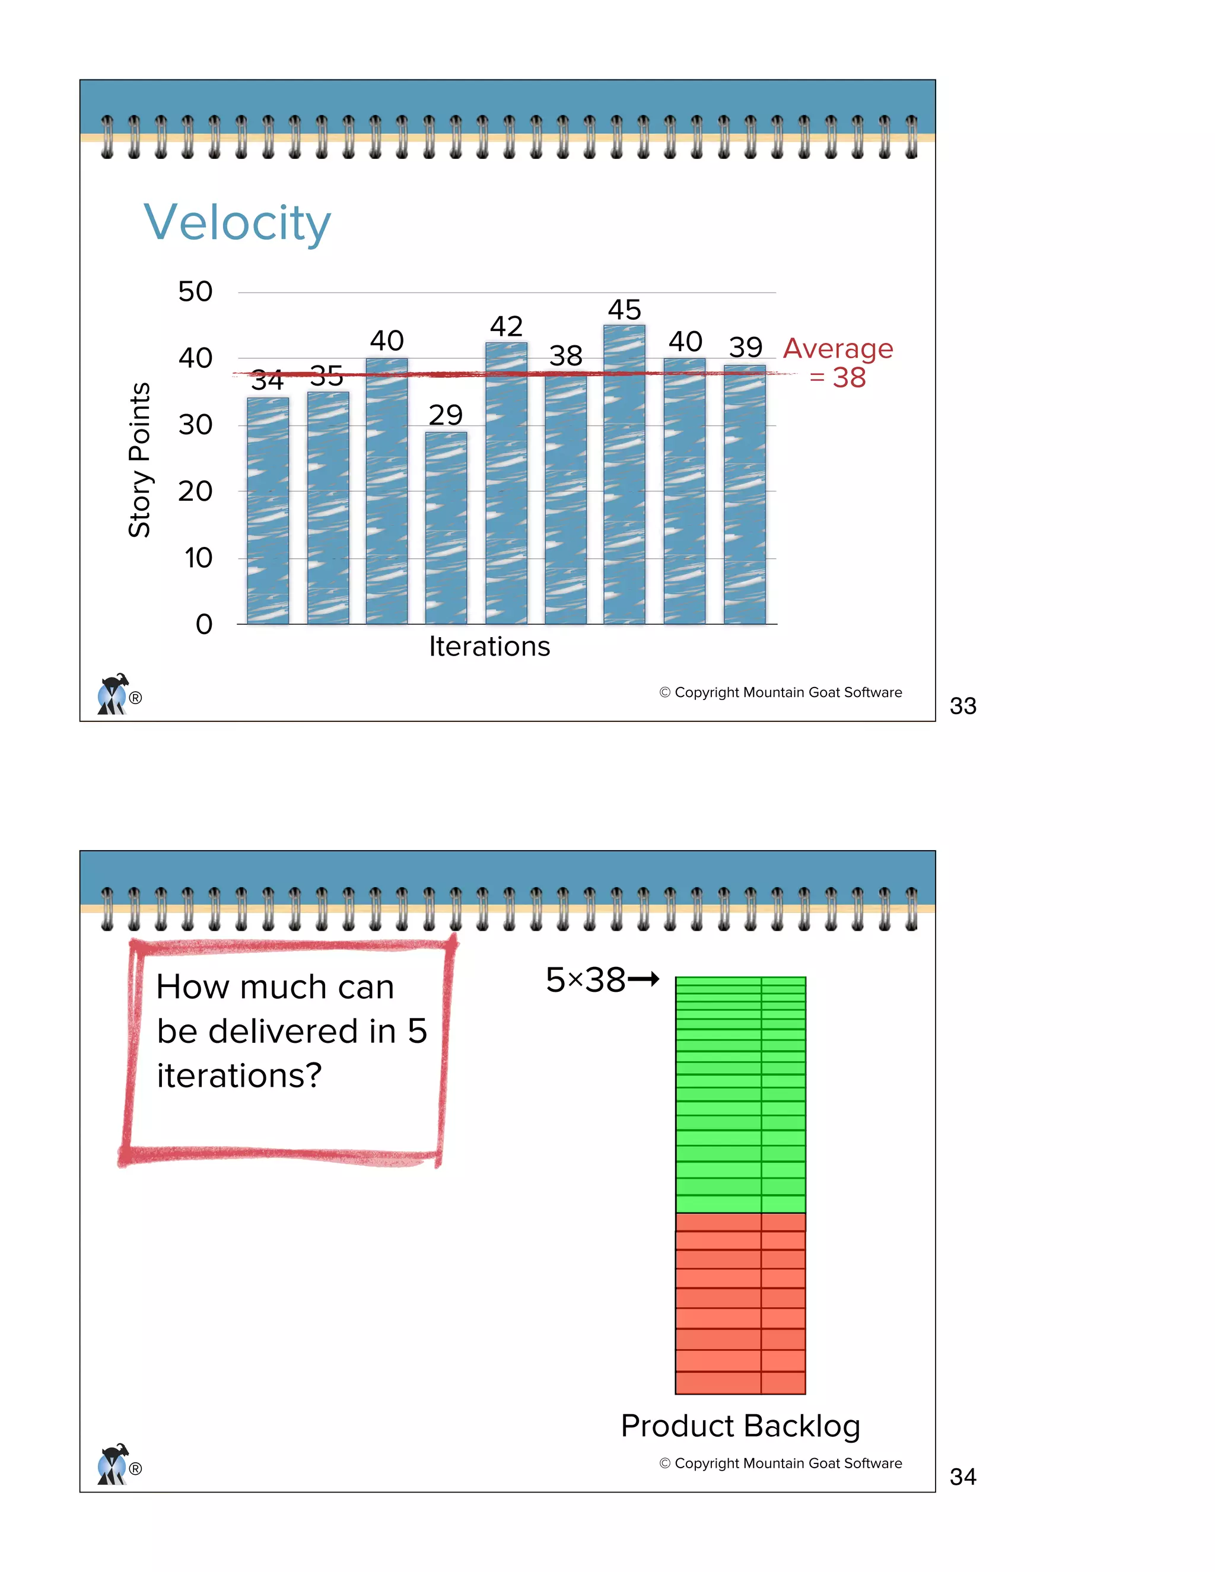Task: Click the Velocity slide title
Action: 237,222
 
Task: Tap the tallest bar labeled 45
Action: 624,475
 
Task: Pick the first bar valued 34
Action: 268,511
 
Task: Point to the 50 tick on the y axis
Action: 195,291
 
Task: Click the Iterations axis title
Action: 489,647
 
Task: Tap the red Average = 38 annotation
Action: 838,363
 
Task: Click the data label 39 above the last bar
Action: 746,347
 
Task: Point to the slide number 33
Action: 962,706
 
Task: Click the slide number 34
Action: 962,1477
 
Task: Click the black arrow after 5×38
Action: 644,979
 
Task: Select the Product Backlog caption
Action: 740,1426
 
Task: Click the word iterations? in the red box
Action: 239,1076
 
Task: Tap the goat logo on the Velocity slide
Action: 113,694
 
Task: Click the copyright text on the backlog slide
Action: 780,1463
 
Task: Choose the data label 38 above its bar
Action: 566,355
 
